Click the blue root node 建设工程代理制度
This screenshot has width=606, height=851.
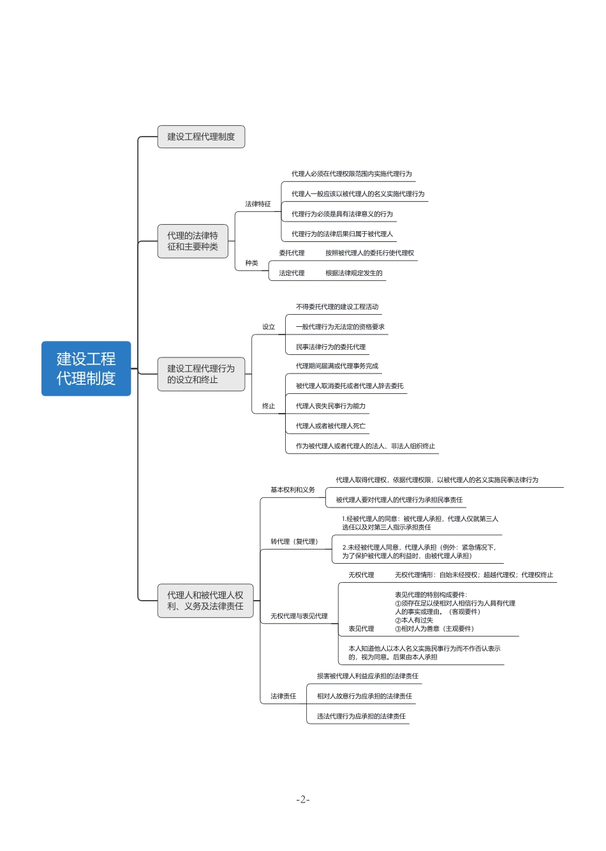(86, 368)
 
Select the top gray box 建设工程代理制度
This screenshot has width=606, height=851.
(201, 137)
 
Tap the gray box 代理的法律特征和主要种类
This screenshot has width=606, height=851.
(193, 241)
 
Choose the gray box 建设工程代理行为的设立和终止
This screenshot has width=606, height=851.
(201, 374)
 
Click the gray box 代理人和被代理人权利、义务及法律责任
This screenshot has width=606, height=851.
(205, 601)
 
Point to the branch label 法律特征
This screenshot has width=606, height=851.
(258, 204)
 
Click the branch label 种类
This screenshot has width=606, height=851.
(251, 263)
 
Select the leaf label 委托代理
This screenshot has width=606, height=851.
(292, 253)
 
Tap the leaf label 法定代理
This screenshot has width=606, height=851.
(292, 273)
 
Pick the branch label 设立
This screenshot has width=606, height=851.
(269, 327)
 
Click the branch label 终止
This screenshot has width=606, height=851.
(269, 406)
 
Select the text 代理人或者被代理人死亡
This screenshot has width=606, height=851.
(330, 426)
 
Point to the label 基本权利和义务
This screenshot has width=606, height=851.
(292, 490)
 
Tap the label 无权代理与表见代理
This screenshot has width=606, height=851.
(299, 617)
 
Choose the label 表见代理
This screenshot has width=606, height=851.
(361, 629)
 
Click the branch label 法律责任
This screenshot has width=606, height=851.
(283, 697)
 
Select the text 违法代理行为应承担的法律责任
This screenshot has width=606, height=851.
(361, 716)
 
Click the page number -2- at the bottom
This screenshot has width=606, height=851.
(302, 800)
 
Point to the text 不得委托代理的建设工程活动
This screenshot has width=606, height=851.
(337, 307)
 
